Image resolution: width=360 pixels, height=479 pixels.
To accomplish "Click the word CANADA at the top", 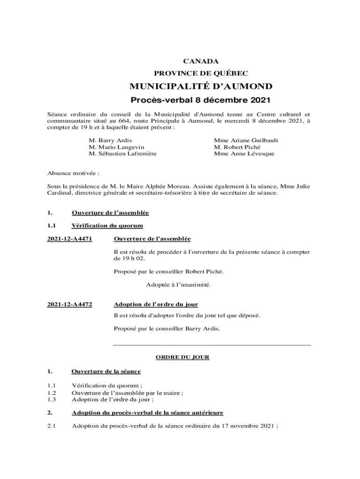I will (x=201, y=61).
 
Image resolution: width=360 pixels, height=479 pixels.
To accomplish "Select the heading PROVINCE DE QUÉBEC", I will (x=201, y=73).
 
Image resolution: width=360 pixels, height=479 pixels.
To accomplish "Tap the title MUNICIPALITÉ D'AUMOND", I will (x=201, y=87).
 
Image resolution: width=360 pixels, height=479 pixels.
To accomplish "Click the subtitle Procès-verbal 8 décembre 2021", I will (x=201, y=100).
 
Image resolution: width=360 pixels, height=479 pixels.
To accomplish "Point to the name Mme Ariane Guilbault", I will (x=246, y=140).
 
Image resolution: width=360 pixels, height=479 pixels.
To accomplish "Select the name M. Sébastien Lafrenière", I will (x=122, y=153).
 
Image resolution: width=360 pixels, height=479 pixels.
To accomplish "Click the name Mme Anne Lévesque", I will (x=244, y=153).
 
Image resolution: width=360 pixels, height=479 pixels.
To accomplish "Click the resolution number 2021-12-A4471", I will (x=70, y=239).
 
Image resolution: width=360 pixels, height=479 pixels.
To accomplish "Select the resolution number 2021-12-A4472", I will (x=70, y=305).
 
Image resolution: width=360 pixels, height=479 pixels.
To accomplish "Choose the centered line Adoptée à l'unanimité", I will (x=178, y=284).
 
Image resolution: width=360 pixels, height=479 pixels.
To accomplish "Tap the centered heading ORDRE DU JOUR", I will (x=182, y=357).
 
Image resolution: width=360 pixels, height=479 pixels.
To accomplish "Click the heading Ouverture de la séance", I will (x=106, y=371).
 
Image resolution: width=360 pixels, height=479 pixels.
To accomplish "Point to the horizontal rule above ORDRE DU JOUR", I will (x=212, y=345).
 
